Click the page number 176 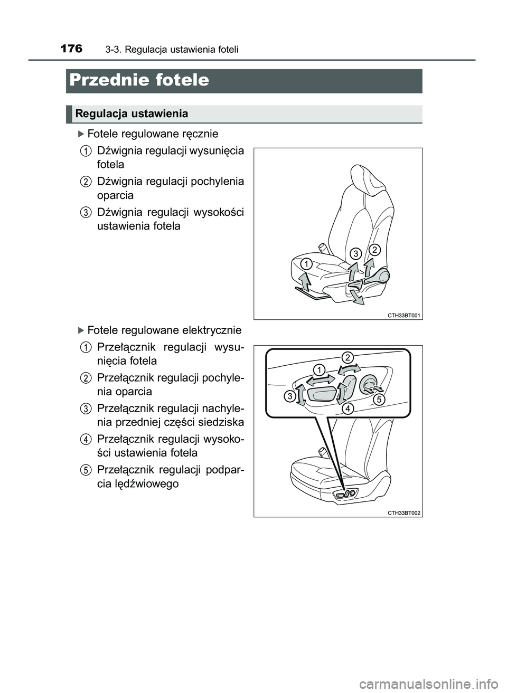point(71,49)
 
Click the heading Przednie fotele point(139,80)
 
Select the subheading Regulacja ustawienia point(132,113)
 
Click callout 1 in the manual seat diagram point(306,263)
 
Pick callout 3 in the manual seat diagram point(356,253)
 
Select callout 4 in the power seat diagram point(346,409)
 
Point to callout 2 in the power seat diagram point(348,358)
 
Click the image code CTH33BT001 point(404,315)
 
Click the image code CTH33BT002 point(404,512)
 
